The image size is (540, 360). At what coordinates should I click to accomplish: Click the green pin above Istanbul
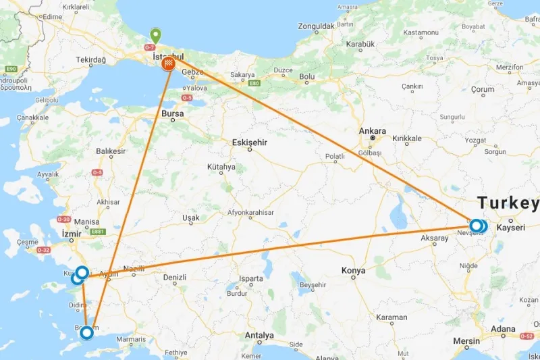tap(156, 35)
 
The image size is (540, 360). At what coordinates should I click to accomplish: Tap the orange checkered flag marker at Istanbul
tap(169, 64)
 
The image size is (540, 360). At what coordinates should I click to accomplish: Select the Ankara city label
tap(373, 131)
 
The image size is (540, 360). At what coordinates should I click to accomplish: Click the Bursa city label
tap(172, 114)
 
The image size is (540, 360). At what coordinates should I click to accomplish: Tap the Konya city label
tap(353, 271)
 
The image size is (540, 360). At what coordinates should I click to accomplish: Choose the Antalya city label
tap(260, 335)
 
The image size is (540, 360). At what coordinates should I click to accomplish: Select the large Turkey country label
tap(508, 203)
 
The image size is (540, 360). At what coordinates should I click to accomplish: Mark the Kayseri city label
tap(510, 228)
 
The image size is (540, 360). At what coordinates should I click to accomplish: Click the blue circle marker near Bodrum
tap(86, 332)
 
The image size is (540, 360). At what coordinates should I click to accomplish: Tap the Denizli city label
tap(174, 277)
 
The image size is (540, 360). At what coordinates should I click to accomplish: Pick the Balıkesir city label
tap(111, 151)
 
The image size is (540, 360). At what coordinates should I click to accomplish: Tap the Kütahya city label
tap(221, 166)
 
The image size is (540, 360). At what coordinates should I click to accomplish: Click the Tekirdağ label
tap(91, 60)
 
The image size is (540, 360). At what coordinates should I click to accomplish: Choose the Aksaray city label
tap(434, 238)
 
